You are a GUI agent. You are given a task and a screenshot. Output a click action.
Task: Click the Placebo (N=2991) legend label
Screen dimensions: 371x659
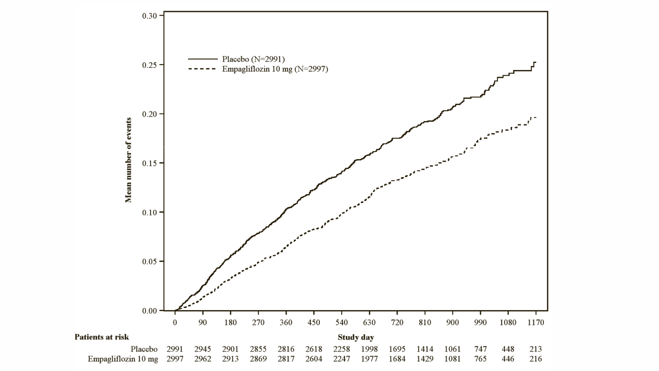[253, 59]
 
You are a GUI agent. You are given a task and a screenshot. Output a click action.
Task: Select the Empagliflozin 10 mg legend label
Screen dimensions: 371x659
[275, 69]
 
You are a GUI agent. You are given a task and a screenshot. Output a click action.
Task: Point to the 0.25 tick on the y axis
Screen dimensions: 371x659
[149, 65]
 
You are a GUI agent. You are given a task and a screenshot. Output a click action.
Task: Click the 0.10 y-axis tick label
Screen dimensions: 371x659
[149, 212]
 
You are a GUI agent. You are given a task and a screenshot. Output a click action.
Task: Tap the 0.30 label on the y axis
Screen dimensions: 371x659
[149, 16]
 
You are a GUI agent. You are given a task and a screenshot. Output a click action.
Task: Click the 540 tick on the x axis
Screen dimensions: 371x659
[342, 323]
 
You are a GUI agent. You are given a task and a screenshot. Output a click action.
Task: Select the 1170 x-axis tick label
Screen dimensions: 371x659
[536, 323]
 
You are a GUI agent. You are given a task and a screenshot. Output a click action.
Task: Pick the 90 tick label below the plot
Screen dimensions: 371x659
[203, 323]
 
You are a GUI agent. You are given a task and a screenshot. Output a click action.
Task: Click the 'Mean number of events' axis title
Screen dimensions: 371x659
[128, 160]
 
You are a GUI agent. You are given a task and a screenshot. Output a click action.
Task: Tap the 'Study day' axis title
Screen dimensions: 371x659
[356, 337]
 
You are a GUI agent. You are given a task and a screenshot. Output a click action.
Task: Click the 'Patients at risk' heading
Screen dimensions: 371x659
[102, 337]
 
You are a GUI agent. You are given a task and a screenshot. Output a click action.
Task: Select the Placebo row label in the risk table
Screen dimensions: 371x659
[144, 349]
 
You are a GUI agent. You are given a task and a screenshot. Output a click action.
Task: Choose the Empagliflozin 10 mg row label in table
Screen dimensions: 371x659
[123, 359]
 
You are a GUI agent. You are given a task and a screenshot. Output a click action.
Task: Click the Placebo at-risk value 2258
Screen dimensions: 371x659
[342, 349]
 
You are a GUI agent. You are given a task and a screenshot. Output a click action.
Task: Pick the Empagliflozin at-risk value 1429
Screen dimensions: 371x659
[425, 359]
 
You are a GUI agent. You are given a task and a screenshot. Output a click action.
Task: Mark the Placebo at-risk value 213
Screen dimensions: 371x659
[536, 349]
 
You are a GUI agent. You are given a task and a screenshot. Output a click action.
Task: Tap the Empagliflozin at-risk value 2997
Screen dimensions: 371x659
[175, 359]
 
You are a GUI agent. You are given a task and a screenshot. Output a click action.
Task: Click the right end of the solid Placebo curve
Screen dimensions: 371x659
[535, 62]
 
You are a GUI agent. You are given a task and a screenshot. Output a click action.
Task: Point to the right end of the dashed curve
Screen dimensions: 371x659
[535, 117]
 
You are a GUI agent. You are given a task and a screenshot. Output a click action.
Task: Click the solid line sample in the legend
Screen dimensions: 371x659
[203, 59]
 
